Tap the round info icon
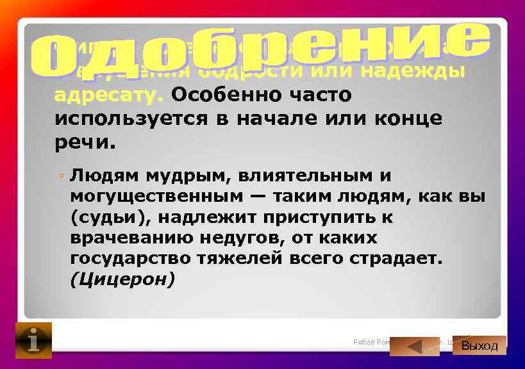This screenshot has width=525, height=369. (x=33, y=340)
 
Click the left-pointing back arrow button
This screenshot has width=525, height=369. (x=414, y=346)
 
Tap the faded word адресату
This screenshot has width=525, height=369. (x=109, y=95)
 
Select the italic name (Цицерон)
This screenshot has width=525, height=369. (x=122, y=280)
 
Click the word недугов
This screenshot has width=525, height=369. (x=284, y=238)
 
